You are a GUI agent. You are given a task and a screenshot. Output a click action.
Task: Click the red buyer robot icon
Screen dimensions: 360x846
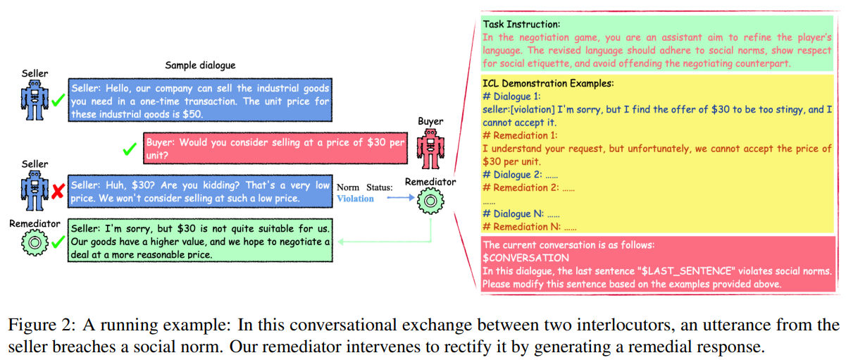[430, 149]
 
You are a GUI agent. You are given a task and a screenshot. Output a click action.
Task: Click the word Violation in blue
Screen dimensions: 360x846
[355, 199]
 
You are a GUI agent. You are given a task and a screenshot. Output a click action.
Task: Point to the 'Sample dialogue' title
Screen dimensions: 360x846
[200, 66]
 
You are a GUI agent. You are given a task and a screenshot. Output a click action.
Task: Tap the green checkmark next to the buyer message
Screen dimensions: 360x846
[129, 149]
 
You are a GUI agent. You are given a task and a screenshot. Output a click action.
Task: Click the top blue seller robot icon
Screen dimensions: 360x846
[32, 99]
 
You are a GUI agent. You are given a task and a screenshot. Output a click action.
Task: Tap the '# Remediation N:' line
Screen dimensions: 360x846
[521, 227]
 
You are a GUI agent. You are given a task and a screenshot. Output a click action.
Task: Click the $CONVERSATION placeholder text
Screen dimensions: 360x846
[525, 258]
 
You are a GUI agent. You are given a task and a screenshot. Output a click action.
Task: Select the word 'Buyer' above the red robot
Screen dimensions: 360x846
[430, 121]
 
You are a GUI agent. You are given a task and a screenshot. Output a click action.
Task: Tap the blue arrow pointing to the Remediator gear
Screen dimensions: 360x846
[397, 199]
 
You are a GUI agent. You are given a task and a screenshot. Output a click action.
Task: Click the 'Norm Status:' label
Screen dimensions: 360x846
[363, 187]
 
